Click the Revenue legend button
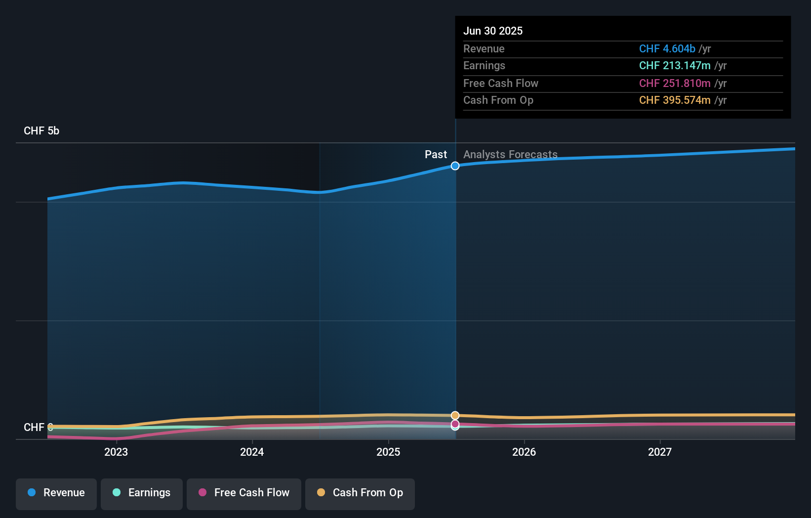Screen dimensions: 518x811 pyautogui.click(x=56, y=493)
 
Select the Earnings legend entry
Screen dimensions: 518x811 pyautogui.click(x=142, y=493)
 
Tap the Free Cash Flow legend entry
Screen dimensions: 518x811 pyautogui.click(x=244, y=493)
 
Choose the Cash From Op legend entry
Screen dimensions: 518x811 pyautogui.click(x=360, y=493)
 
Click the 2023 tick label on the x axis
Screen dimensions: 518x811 pyautogui.click(x=116, y=452)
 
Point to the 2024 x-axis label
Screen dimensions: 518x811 pyautogui.click(x=252, y=452)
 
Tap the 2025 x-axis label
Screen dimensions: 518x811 pyautogui.click(x=388, y=452)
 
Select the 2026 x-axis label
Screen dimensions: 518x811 pyautogui.click(x=524, y=452)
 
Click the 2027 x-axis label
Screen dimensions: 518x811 pyautogui.click(x=660, y=452)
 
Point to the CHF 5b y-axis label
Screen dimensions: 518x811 pyautogui.click(x=41, y=131)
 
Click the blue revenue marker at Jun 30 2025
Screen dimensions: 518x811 pyautogui.click(x=455, y=166)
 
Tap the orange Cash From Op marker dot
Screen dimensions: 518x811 pyautogui.click(x=455, y=416)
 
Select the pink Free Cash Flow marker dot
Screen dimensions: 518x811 pyautogui.click(x=455, y=424)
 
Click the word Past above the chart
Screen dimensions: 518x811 pyautogui.click(x=436, y=155)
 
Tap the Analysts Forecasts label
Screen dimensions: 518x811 pyautogui.click(x=510, y=155)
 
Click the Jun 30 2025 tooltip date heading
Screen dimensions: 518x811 pyautogui.click(x=493, y=31)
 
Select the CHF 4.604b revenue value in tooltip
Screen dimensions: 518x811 pyautogui.click(x=667, y=48)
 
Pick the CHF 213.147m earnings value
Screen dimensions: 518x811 pyautogui.click(x=675, y=66)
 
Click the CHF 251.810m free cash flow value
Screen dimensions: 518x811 pyautogui.click(x=675, y=83)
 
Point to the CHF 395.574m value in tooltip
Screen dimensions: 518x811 pyautogui.click(x=675, y=100)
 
